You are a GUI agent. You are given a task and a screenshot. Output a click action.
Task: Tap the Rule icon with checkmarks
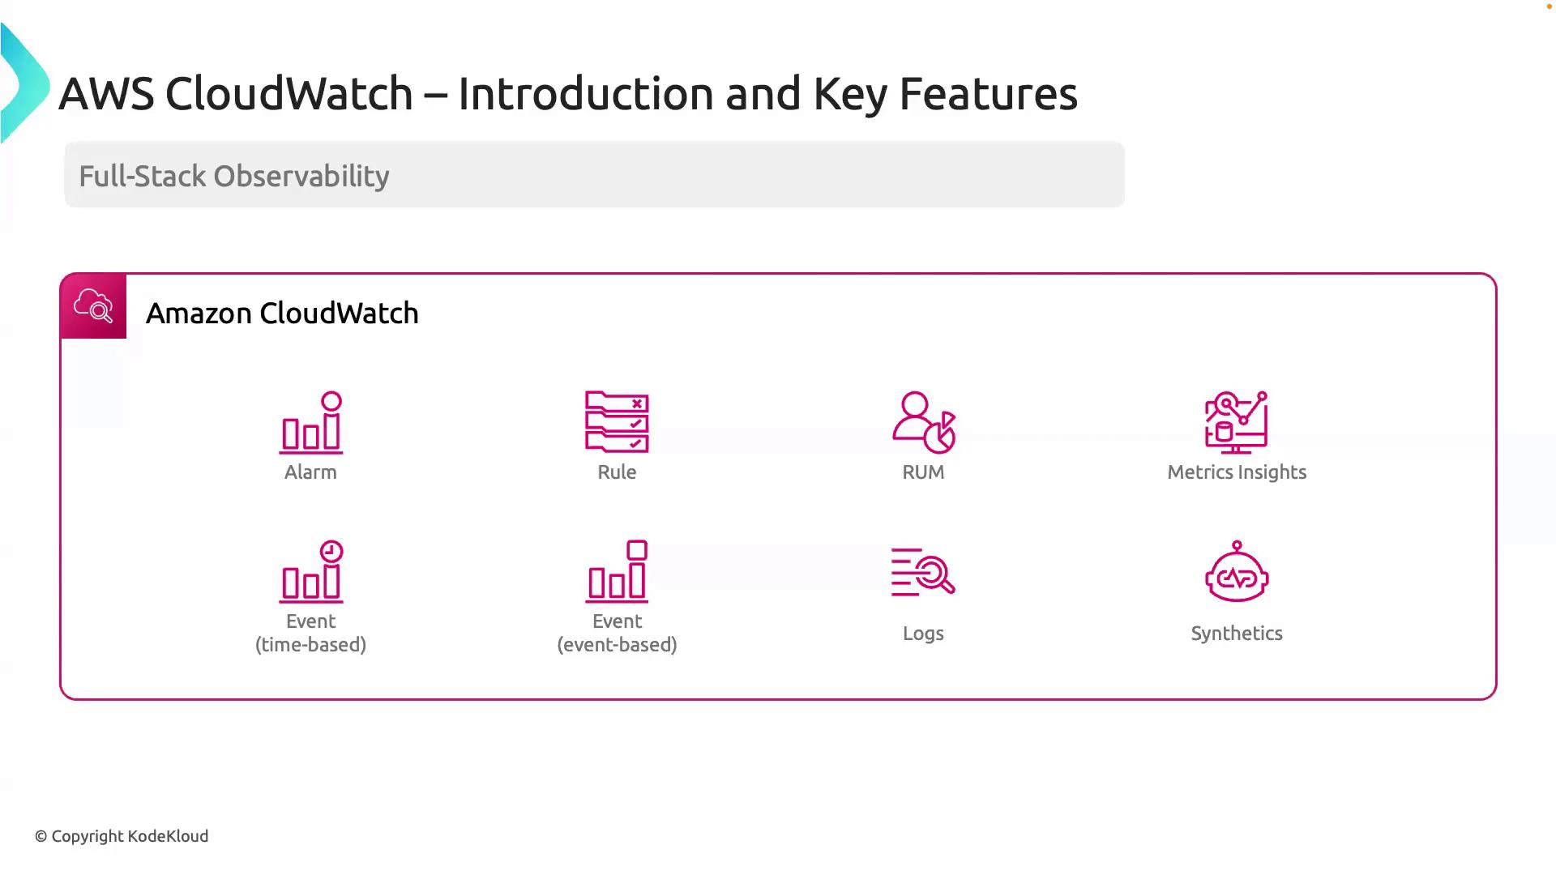(617, 421)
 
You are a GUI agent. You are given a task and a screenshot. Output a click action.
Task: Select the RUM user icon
(924, 422)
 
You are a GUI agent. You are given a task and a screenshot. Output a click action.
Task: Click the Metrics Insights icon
(1237, 422)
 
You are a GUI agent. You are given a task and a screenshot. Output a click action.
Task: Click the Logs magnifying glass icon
(923, 572)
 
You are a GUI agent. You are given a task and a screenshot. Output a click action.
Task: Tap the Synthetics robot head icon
(1237, 571)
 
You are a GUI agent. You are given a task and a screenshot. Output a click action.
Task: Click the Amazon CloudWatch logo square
(93, 306)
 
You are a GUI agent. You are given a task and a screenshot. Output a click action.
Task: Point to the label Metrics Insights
(1237, 472)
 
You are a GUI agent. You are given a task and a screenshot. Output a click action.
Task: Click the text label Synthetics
(1237, 634)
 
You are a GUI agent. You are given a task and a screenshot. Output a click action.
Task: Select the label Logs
(923, 634)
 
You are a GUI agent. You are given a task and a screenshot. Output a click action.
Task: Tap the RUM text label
(923, 472)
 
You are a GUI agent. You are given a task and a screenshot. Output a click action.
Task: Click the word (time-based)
(310, 645)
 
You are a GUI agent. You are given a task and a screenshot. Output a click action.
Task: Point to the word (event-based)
(617, 645)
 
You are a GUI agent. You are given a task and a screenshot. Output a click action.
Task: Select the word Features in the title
(988, 93)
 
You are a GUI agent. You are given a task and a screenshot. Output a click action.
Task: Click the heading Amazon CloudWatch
(282, 314)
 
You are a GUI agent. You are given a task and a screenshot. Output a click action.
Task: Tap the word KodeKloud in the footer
(169, 836)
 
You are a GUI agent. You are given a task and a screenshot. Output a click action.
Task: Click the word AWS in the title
(106, 93)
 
